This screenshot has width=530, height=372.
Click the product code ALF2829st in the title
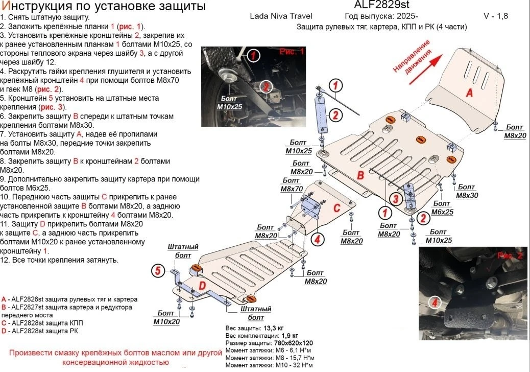[381, 5]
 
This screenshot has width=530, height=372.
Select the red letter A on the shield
[469, 92]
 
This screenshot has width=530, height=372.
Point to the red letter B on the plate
[360, 175]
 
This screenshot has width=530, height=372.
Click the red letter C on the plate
[336, 207]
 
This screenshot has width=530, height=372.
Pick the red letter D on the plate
[202, 286]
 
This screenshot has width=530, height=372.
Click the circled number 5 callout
[158, 270]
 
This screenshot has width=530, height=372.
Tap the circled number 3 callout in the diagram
[395, 199]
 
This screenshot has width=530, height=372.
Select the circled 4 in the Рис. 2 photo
[435, 303]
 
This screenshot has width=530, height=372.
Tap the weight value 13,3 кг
[273, 328]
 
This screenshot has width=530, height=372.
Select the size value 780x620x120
[294, 343]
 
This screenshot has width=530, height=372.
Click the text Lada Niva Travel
[281, 16]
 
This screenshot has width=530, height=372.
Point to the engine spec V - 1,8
[495, 16]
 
